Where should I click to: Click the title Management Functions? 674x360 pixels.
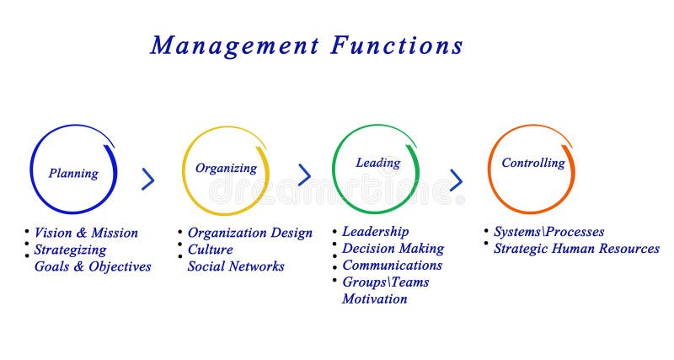click(x=307, y=45)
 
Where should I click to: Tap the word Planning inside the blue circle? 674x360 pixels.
click(x=73, y=174)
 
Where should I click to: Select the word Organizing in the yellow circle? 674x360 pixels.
click(x=226, y=168)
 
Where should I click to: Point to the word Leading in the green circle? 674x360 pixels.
click(x=377, y=163)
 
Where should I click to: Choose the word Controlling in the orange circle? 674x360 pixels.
click(x=533, y=163)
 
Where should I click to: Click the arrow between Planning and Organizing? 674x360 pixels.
click(x=148, y=179)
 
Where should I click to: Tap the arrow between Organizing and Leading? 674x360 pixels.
click(x=304, y=175)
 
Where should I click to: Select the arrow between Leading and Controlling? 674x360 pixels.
click(x=456, y=180)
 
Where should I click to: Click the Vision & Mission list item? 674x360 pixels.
click(x=86, y=233)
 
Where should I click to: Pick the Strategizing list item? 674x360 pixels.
click(x=70, y=250)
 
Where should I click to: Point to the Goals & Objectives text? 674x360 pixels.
click(x=93, y=266)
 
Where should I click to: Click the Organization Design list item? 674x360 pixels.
click(x=249, y=233)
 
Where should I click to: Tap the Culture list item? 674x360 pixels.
click(x=210, y=250)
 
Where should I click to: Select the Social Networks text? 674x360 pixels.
click(x=236, y=266)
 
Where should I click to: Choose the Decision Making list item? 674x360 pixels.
click(x=393, y=249)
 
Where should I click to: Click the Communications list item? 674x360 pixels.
click(x=392, y=266)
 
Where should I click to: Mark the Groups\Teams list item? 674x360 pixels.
click(x=385, y=282)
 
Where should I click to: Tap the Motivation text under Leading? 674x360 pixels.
click(x=374, y=299)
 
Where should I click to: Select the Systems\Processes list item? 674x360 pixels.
click(x=548, y=232)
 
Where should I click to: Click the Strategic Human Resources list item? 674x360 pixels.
click(x=576, y=249)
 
